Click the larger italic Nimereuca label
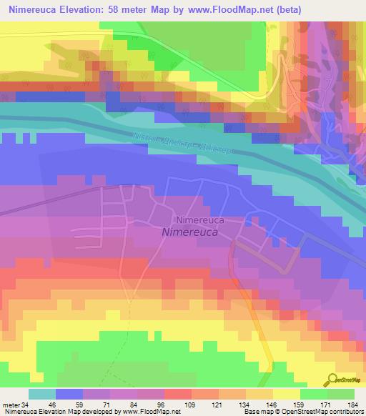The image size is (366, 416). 194,232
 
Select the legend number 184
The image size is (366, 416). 352,404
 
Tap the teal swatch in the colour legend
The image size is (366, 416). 41,394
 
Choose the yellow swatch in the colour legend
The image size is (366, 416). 286,394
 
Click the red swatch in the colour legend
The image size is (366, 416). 177,394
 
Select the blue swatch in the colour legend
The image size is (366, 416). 69,394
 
